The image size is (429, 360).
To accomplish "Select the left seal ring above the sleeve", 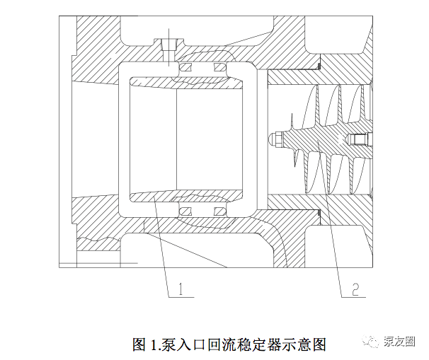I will point(188,67).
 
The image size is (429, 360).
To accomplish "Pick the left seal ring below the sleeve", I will point(188,211).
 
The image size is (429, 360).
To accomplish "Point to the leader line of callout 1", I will point(163,248).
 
